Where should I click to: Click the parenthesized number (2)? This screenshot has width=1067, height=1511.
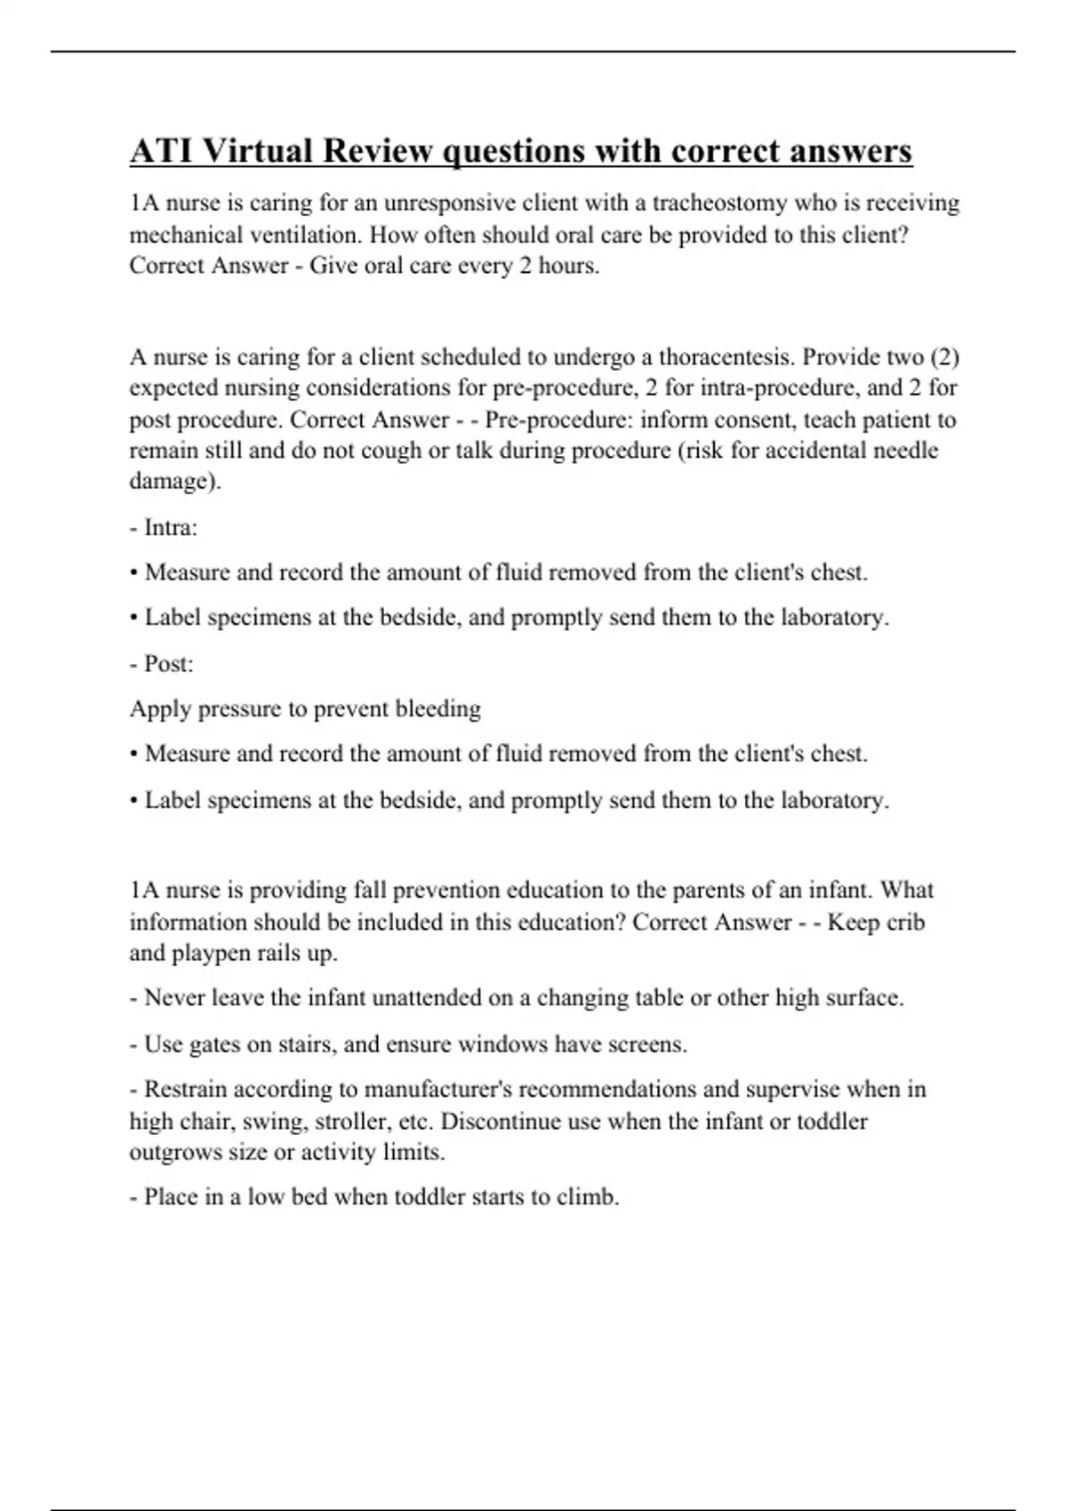click(x=943, y=357)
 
